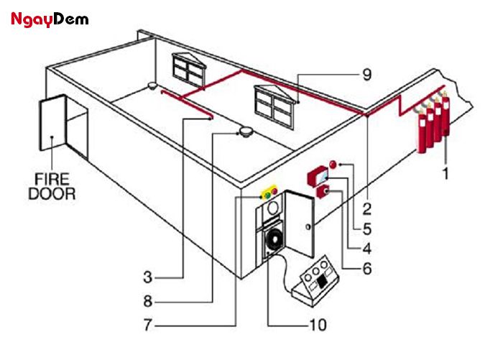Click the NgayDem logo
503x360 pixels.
tap(50, 19)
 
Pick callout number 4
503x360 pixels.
tap(366, 249)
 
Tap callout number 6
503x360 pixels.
tap(366, 271)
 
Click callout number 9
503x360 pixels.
tap(366, 75)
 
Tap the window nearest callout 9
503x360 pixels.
tap(274, 105)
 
